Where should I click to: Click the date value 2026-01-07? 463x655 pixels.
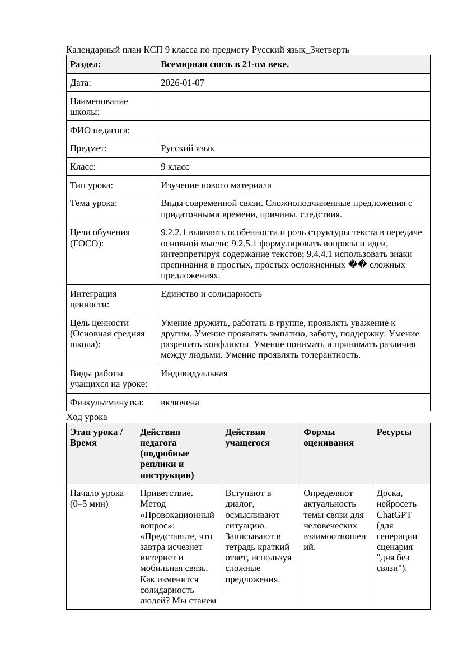pos(182,83)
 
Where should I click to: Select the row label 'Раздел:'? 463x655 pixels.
pos(86,64)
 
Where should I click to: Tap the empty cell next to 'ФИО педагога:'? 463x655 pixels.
pos(293,130)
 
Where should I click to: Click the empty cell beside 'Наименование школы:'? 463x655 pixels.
pos(293,106)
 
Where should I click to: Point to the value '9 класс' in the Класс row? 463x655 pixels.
pos(175,167)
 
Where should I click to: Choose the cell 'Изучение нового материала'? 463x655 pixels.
pos(216,185)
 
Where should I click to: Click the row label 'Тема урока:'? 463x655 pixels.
pos(93,203)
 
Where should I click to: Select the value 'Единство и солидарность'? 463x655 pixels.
pos(211,294)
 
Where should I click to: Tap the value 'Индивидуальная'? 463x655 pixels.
pos(194,373)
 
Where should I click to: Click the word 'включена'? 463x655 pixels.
pos(180,403)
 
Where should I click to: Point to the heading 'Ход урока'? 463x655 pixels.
pos(86,417)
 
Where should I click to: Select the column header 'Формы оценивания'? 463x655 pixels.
pos(329,437)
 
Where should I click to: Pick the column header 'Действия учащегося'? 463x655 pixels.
pos(247,437)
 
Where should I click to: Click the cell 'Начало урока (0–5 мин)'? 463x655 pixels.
pos(97,498)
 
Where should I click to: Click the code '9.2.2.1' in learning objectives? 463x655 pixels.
pos(174,232)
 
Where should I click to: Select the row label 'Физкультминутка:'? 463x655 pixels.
pos(106,403)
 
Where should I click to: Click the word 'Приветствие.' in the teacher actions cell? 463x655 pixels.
pos(166,493)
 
